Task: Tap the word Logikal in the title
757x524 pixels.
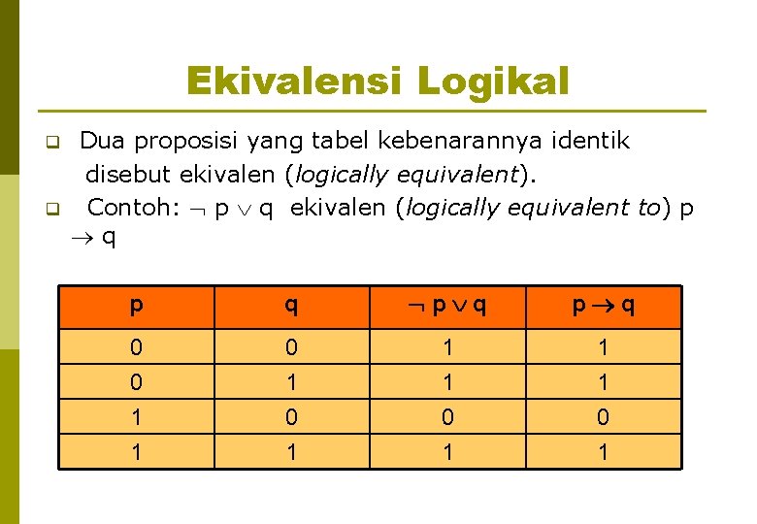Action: click(493, 81)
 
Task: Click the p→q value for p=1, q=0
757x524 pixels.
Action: click(603, 418)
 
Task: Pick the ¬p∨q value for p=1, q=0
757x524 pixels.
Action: click(446, 418)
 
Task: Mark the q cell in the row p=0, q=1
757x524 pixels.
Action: click(291, 382)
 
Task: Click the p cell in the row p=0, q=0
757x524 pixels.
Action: click(136, 346)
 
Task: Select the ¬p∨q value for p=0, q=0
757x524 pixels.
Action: click(446, 346)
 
